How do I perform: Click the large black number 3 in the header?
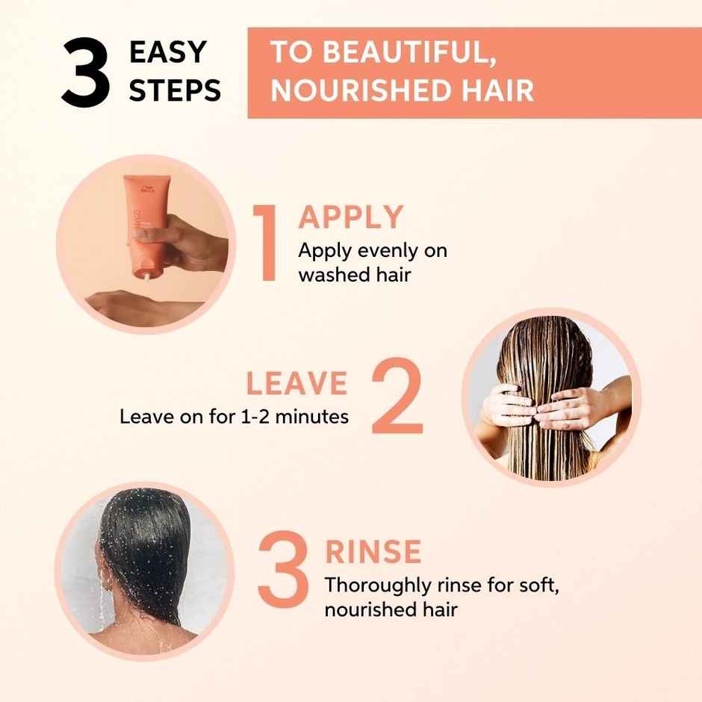point(86,73)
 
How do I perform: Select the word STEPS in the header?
point(175,91)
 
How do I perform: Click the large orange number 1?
point(265,243)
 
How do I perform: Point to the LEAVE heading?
point(296,383)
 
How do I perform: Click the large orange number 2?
point(396,397)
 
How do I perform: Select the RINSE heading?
point(373,552)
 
